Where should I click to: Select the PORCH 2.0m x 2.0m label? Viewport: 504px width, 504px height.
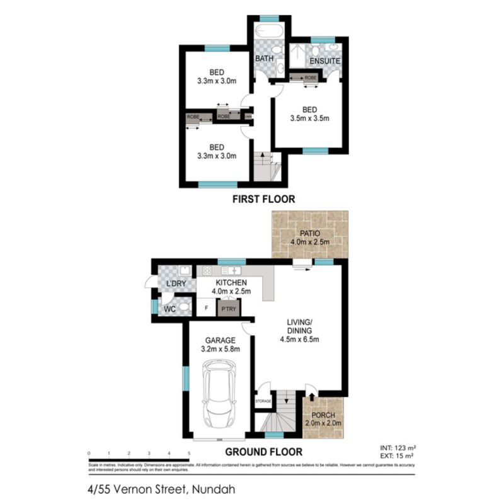[x=323, y=419]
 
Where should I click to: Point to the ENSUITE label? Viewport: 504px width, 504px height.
[x=324, y=61]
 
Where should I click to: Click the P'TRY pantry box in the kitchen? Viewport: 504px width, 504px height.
[x=227, y=308]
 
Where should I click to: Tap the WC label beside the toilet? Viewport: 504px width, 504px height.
[x=169, y=309]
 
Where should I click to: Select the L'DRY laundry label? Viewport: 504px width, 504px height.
[x=176, y=284]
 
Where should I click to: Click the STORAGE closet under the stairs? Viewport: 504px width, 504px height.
[x=263, y=401]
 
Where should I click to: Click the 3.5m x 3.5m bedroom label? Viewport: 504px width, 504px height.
[x=309, y=113]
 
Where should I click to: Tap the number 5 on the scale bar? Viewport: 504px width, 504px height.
[x=189, y=454]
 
